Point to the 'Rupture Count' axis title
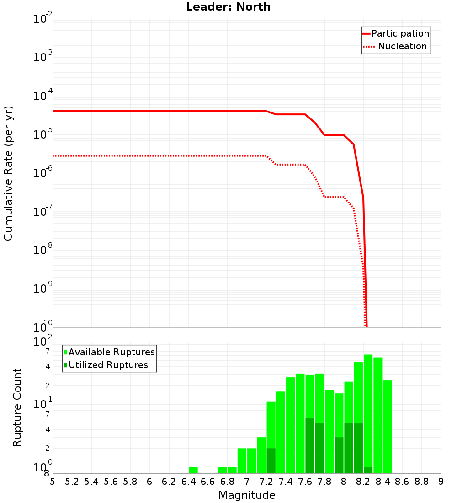[17, 407]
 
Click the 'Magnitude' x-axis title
[247, 495]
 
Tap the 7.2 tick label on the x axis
[266, 482]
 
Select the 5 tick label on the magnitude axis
[53, 482]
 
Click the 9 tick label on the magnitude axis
[441, 482]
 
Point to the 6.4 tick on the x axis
[188, 482]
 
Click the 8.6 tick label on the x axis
[402, 482]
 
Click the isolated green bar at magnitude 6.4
[193, 470]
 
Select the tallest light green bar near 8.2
[368, 412]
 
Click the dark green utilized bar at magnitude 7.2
[271, 460]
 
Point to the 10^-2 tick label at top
[43, 19]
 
